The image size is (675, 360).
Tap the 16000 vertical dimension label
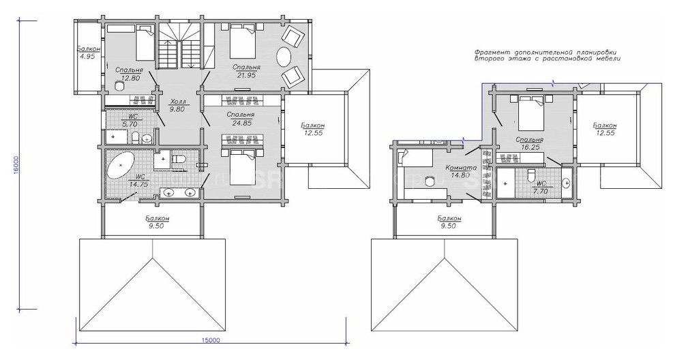[x=16, y=165]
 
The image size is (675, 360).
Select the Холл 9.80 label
[x=177, y=104]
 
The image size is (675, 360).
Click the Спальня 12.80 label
[x=128, y=74]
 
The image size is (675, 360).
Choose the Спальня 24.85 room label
[x=241, y=119]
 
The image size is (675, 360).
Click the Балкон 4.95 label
[x=87, y=54]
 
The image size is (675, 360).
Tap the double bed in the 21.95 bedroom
[x=242, y=42]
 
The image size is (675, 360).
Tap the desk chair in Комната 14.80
[x=429, y=181]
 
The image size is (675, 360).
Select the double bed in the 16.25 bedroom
[x=535, y=112]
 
